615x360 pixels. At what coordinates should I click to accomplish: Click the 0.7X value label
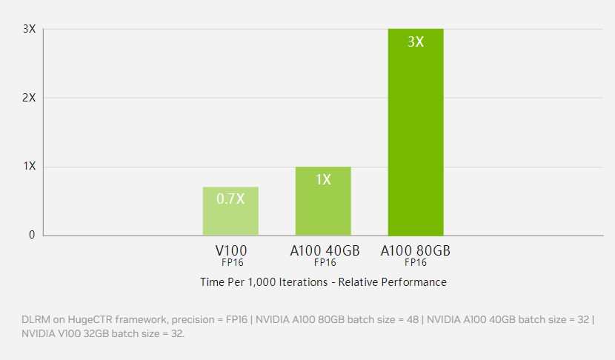[x=230, y=199]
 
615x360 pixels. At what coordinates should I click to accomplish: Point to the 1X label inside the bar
[x=323, y=179]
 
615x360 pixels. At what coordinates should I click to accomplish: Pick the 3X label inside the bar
[x=416, y=41]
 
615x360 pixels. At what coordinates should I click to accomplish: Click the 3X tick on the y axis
[x=30, y=29]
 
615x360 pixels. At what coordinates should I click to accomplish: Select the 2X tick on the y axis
[x=30, y=98]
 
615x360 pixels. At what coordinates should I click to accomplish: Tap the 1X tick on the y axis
[x=30, y=167]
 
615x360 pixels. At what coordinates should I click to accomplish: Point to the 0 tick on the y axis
[x=32, y=235]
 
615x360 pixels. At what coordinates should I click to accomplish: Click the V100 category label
[x=231, y=250]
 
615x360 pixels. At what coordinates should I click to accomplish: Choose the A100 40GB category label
[x=325, y=250]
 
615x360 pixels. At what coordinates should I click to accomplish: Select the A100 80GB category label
[x=416, y=250]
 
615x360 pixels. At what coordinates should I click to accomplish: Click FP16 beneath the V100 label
[x=231, y=262]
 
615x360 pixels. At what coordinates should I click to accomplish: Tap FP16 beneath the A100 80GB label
[x=416, y=262]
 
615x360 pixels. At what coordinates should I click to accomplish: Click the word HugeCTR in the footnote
[x=89, y=319]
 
